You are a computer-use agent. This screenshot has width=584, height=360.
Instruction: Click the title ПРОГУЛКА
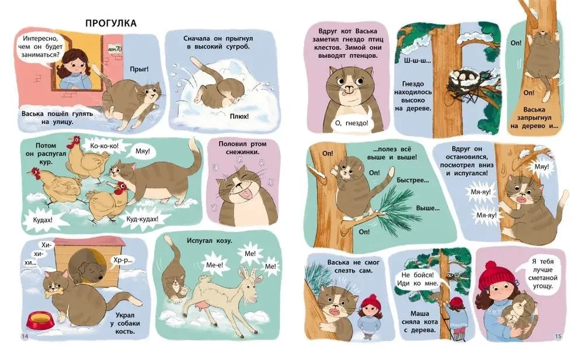(x=111, y=23)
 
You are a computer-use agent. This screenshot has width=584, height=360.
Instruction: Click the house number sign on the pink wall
(x=114, y=49)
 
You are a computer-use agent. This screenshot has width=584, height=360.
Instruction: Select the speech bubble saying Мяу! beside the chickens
(x=143, y=151)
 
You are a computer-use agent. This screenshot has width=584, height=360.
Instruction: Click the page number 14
(x=25, y=337)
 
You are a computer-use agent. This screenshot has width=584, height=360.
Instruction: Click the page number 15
(x=558, y=336)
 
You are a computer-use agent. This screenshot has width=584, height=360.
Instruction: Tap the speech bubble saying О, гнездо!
(x=351, y=123)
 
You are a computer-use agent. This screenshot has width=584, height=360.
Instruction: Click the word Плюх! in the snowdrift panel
(x=239, y=116)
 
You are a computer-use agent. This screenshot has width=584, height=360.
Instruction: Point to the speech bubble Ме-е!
(x=214, y=265)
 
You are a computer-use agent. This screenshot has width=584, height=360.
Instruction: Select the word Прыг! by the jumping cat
(x=140, y=69)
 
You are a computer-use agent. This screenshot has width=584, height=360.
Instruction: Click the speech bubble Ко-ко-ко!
(x=105, y=146)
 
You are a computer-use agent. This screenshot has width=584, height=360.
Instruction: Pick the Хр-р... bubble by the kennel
(x=123, y=261)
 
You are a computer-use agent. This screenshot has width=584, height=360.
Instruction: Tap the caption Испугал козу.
(x=209, y=241)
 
